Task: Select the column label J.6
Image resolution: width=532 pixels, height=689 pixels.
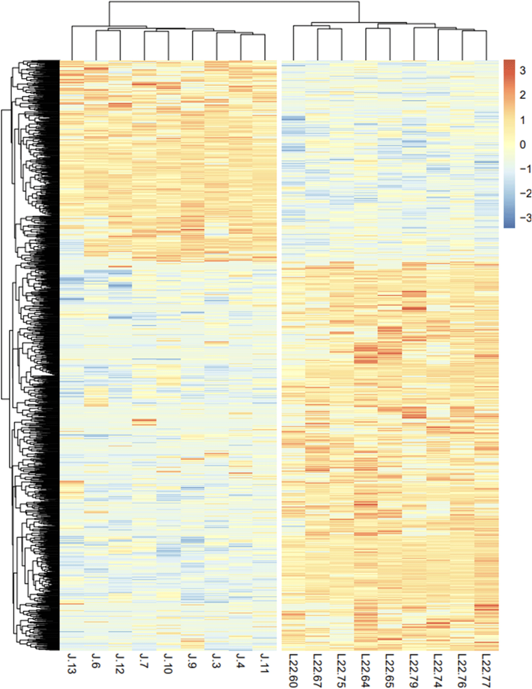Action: point(96,661)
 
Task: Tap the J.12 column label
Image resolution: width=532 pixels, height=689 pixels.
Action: point(120,664)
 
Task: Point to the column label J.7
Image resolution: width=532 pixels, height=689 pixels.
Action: point(144,661)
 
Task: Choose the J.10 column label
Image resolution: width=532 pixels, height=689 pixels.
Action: point(168,664)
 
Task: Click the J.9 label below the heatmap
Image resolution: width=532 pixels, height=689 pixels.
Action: point(192,661)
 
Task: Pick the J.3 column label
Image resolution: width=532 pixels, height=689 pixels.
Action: point(216,661)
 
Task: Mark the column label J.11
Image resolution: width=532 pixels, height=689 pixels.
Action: point(265,664)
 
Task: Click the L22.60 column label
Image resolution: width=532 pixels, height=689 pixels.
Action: point(293,670)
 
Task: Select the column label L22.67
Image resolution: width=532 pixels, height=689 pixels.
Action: point(317,670)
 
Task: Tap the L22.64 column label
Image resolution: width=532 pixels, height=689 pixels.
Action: point(365,670)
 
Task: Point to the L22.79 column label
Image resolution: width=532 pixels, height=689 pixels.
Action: point(413,670)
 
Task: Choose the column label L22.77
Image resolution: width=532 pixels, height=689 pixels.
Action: point(486,670)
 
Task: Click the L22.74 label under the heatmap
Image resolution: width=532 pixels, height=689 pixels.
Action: point(438,670)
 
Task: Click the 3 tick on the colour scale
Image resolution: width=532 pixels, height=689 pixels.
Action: point(522,71)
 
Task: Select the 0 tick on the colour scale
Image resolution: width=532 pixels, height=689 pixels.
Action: point(522,145)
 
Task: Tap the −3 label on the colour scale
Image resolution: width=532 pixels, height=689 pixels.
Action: point(525,218)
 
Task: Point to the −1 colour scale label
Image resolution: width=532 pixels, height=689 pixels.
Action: point(525,169)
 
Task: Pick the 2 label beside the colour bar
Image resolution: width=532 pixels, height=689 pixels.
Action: point(522,95)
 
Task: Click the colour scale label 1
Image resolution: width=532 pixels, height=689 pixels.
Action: point(522,120)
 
